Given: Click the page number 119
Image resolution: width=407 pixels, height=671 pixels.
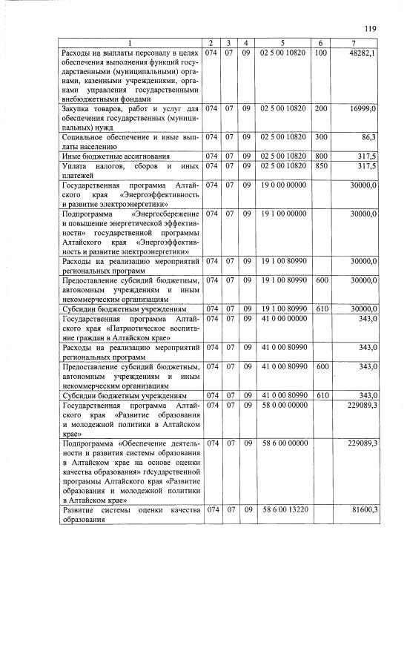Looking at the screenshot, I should [371, 29].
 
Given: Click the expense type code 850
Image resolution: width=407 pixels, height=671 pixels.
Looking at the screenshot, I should [321, 166].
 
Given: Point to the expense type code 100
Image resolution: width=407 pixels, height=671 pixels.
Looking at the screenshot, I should [321, 53].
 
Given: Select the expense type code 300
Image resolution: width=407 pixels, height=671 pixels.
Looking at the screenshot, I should [321, 137].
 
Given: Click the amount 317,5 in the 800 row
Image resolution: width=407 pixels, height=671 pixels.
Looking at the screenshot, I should [366, 156].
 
